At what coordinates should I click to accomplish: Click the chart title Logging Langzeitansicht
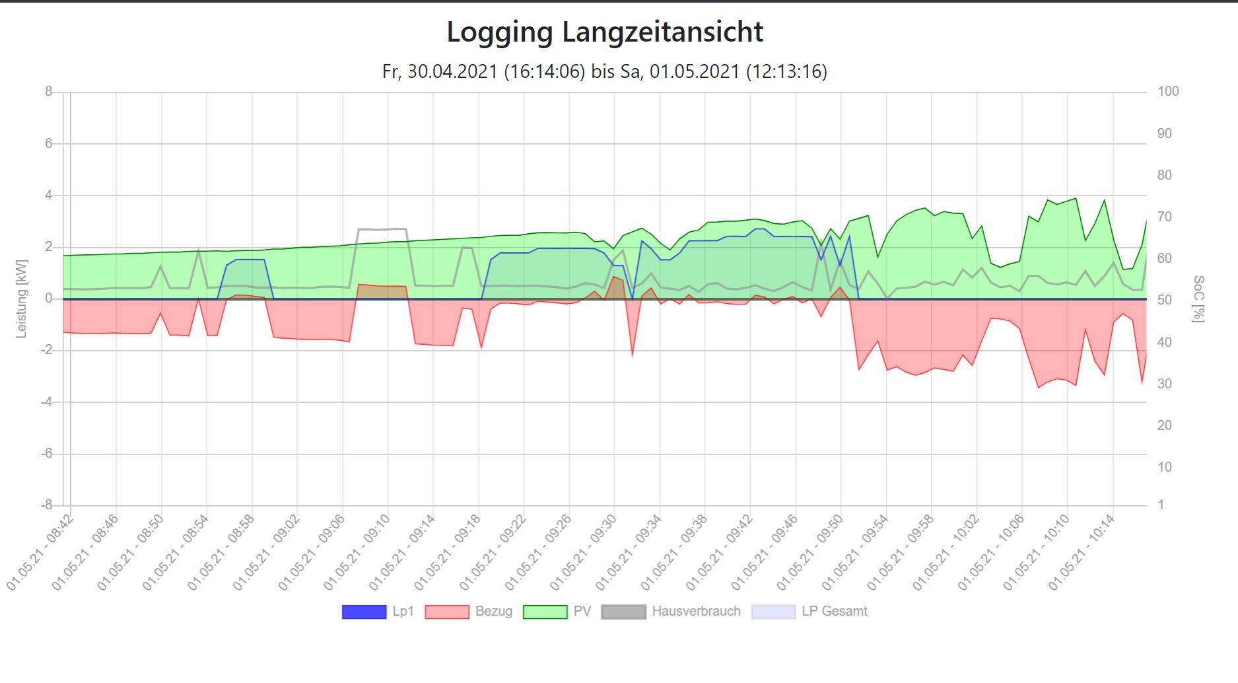point(605,32)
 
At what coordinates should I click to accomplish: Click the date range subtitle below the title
point(605,71)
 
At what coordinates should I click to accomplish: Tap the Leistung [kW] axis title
point(22,299)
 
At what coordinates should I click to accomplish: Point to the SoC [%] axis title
point(1198,299)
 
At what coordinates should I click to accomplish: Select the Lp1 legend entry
point(378,612)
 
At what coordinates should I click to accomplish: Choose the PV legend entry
point(557,612)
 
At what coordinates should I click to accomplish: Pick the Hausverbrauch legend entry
point(671,612)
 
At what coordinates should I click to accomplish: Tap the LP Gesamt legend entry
point(809,612)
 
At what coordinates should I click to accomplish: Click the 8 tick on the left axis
point(49,92)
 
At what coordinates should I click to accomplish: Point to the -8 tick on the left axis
point(46,505)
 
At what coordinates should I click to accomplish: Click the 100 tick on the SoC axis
point(1168,92)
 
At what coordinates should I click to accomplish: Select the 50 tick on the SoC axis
point(1165,300)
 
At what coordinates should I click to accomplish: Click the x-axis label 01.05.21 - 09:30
point(584,554)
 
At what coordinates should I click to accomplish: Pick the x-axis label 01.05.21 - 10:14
point(1083,554)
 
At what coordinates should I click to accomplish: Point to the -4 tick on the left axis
point(46,402)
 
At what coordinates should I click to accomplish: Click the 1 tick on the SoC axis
point(1161,505)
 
